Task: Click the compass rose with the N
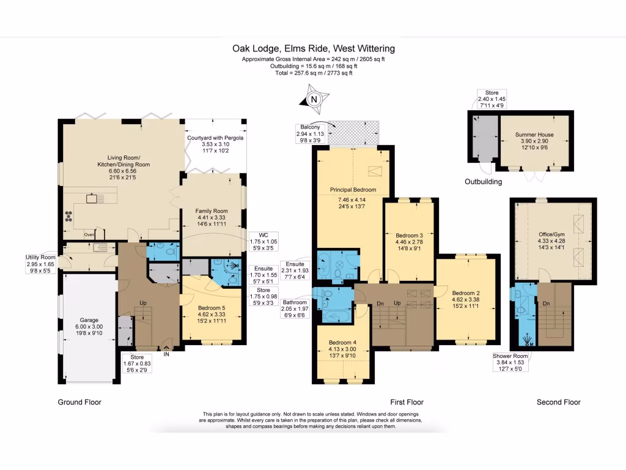[x=314, y=99]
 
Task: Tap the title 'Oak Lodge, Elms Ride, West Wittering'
[x=313, y=48]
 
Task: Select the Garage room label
[x=90, y=319]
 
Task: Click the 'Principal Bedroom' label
[x=353, y=190]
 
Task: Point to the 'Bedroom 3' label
[x=409, y=235]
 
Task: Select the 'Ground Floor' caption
[x=79, y=402]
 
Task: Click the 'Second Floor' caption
[x=559, y=402]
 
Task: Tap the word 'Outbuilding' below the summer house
[x=484, y=182]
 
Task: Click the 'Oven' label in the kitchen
[x=89, y=234]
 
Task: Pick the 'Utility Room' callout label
[x=40, y=257]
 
